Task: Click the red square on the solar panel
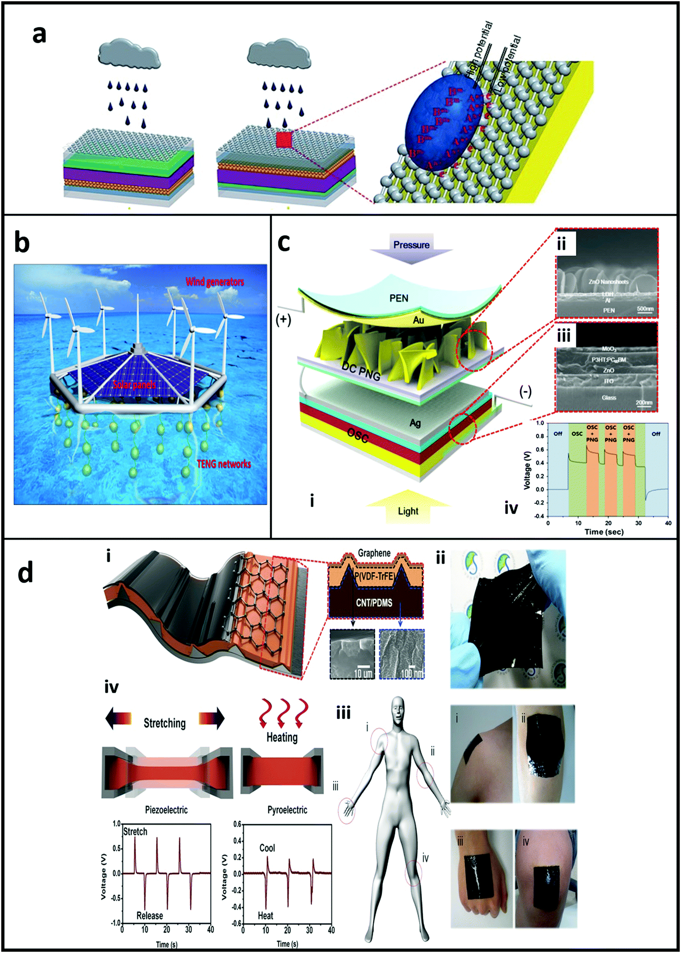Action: click(284, 139)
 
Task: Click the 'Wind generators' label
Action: click(215, 282)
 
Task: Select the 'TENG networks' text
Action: click(223, 464)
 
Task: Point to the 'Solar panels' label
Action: click(134, 385)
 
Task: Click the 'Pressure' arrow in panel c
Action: click(411, 246)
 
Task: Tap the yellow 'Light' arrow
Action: click(408, 508)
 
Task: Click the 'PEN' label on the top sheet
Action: click(399, 298)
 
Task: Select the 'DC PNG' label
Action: click(361, 371)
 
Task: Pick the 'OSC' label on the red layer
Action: click(358, 436)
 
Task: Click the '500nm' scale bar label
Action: click(645, 309)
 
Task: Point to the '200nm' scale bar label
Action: click(644, 402)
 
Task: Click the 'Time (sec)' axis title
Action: click(604, 532)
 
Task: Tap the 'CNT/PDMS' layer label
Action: click(374, 603)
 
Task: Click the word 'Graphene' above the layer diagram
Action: click(374, 553)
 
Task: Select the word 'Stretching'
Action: click(164, 723)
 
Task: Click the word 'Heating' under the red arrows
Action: click(282, 737)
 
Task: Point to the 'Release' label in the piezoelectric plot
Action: click(149, 915)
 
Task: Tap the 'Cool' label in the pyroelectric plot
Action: click(267, 848)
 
